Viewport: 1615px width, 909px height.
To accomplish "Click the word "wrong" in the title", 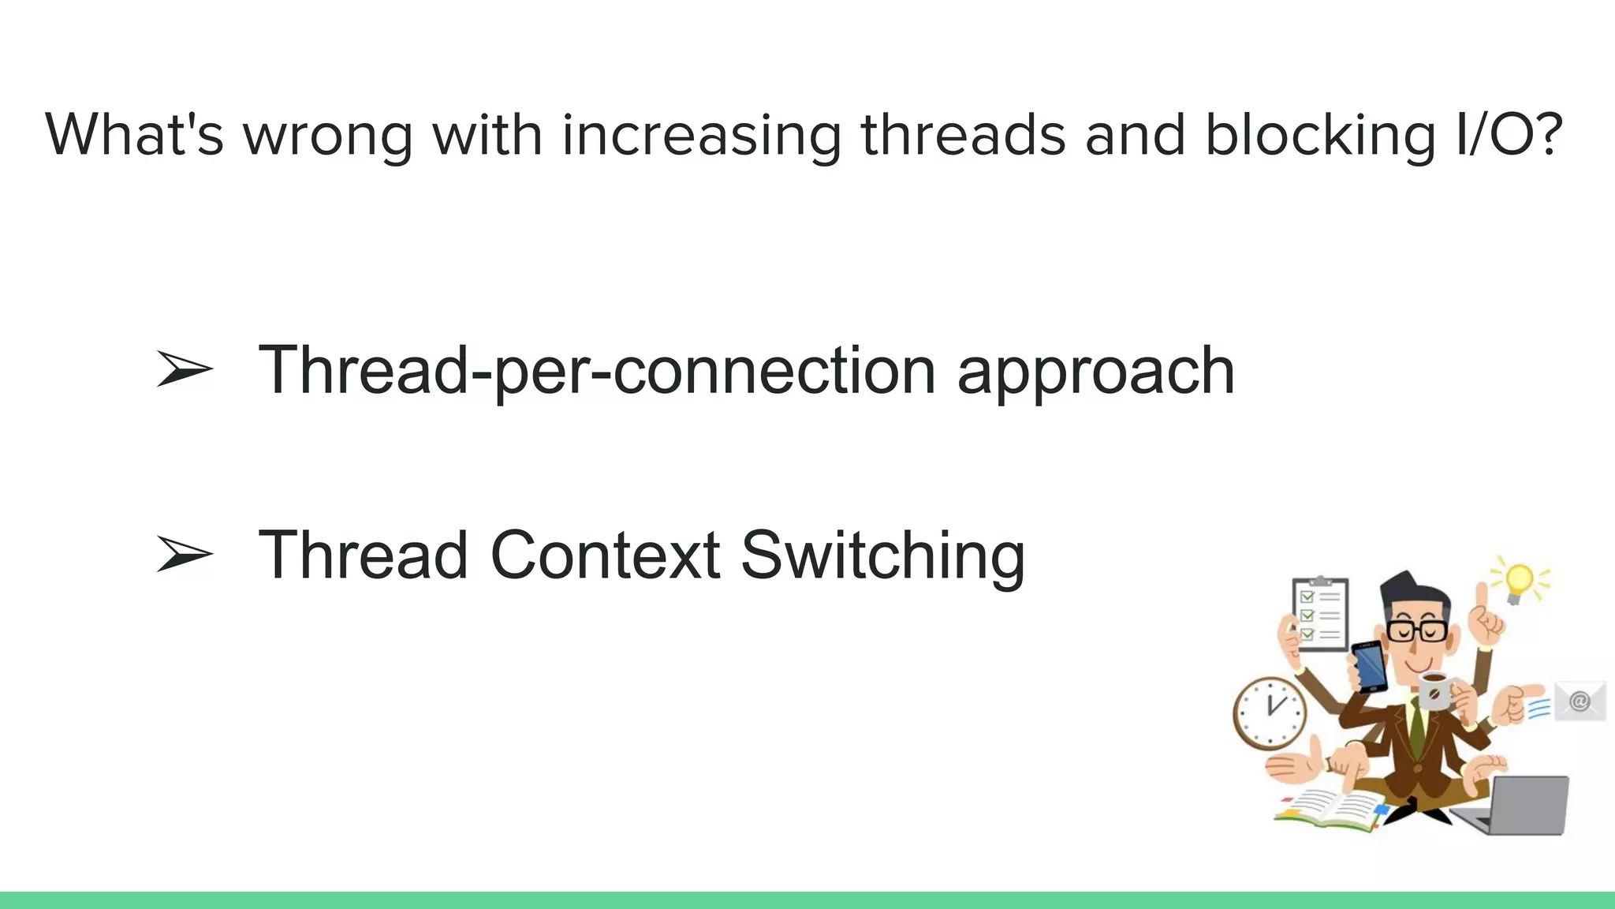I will tap(327, 136).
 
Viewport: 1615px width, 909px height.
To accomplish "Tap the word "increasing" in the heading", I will tap(701, 136).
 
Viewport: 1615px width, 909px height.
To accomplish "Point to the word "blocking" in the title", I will tap(1320, 136).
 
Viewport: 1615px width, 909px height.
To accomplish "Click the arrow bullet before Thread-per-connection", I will tap(185, 369).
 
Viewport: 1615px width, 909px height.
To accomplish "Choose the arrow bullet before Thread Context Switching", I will tap(185, 554).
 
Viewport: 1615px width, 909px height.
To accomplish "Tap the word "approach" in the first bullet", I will tap(1095, 371).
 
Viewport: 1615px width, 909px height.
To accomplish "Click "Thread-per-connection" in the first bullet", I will tap(596, 371).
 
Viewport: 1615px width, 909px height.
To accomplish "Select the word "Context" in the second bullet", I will tap(604, 555).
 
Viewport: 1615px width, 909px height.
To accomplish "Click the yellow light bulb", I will tap(1519, 582).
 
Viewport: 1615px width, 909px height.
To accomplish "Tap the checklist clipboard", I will tap(1319, 614).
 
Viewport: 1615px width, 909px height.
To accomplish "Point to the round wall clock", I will tap(1269, 713).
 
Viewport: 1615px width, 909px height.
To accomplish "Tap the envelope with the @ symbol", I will tap(1580, 701).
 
